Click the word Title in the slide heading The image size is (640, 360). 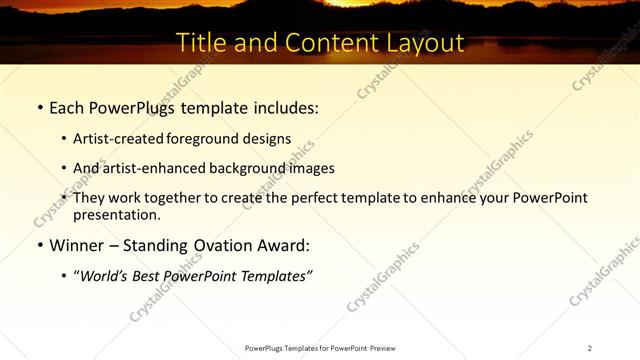click(200, 43)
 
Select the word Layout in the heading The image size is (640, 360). click(425, 43)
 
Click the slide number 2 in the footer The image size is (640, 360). click(590, 348)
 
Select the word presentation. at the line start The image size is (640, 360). click(116, 214)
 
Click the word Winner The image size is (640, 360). click(75, 244)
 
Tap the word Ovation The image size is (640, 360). click(220, 244)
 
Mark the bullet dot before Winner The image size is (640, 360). click(39, 245)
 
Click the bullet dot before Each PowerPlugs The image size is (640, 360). click(39, 107)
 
